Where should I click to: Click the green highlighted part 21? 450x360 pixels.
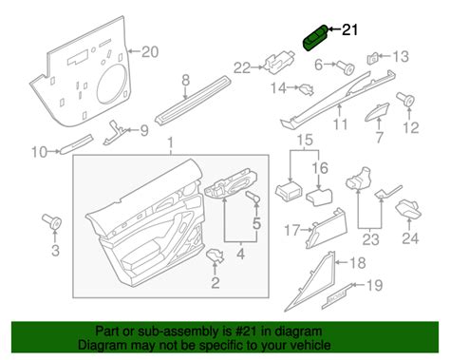[314, 37]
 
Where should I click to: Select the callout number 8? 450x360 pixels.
[186, 81]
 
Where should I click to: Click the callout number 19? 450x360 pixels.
[375, 284]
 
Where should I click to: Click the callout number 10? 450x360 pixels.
[38, 151]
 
